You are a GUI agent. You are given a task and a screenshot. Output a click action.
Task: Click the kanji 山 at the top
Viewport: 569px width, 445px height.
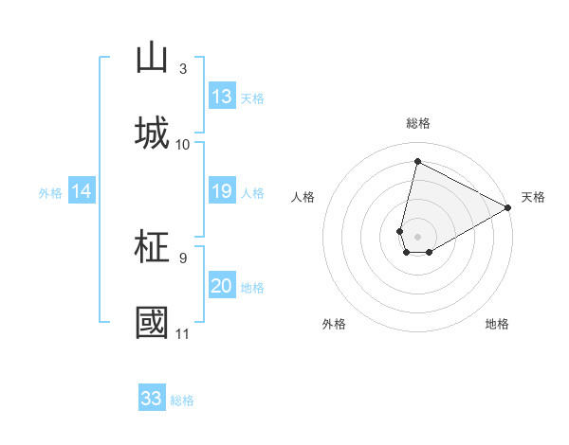(x=152, y=58)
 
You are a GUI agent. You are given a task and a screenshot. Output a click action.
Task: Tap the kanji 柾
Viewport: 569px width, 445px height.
(x=152, y=247)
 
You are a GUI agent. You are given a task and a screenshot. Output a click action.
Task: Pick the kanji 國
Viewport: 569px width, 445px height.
(x=152, y=322)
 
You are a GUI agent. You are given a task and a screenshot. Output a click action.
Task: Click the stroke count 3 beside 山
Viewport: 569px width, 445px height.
(x=183, y=69)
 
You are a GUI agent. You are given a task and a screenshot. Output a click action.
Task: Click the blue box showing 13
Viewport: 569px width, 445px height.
(x=222, y=97)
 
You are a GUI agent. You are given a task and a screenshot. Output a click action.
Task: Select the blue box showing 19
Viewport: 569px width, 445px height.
(x=222, y=191)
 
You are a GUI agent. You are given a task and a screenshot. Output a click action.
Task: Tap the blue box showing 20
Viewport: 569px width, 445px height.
(x=222, y=286)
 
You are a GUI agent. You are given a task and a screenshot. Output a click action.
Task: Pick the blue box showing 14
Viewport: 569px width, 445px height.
(x=82, y=191)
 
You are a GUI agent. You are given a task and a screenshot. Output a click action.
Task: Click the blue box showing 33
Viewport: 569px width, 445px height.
(x=152, y=399)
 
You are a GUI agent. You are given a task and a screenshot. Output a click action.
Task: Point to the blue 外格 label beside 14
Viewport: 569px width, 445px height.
(x=50, y=192)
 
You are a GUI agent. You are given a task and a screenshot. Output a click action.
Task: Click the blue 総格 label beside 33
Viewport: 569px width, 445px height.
(x=182, y=400)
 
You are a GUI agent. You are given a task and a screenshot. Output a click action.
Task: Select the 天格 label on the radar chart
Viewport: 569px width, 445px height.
(x=534, y=197)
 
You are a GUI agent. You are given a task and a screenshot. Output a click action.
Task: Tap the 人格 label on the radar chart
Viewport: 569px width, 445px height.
(x=303, y=197)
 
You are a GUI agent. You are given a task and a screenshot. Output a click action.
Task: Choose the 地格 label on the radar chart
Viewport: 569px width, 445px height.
(x=497, y=324)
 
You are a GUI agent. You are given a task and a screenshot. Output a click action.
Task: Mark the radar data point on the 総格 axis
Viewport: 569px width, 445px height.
(x=417, y=161)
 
